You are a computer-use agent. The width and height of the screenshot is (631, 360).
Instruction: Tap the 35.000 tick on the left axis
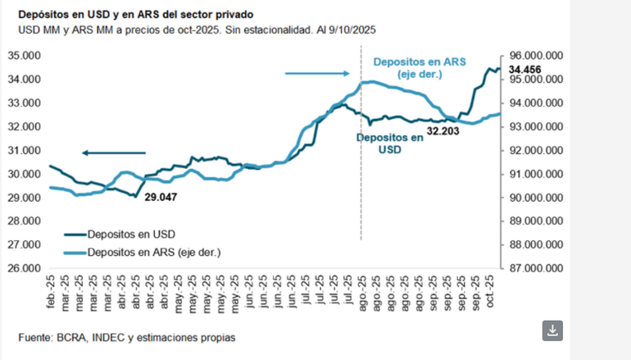(x=25, y=56)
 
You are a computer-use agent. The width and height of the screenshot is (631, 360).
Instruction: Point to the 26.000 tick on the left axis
(x=25, y=268)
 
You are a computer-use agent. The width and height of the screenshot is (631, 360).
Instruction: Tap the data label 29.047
(x=161, y=198)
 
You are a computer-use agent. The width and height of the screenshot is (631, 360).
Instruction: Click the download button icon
(x=553, y=330)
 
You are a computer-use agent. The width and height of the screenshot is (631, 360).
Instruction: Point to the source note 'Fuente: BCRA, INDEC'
(x=126, y=337)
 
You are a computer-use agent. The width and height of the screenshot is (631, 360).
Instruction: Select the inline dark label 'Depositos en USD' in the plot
(x=389, y=144)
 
